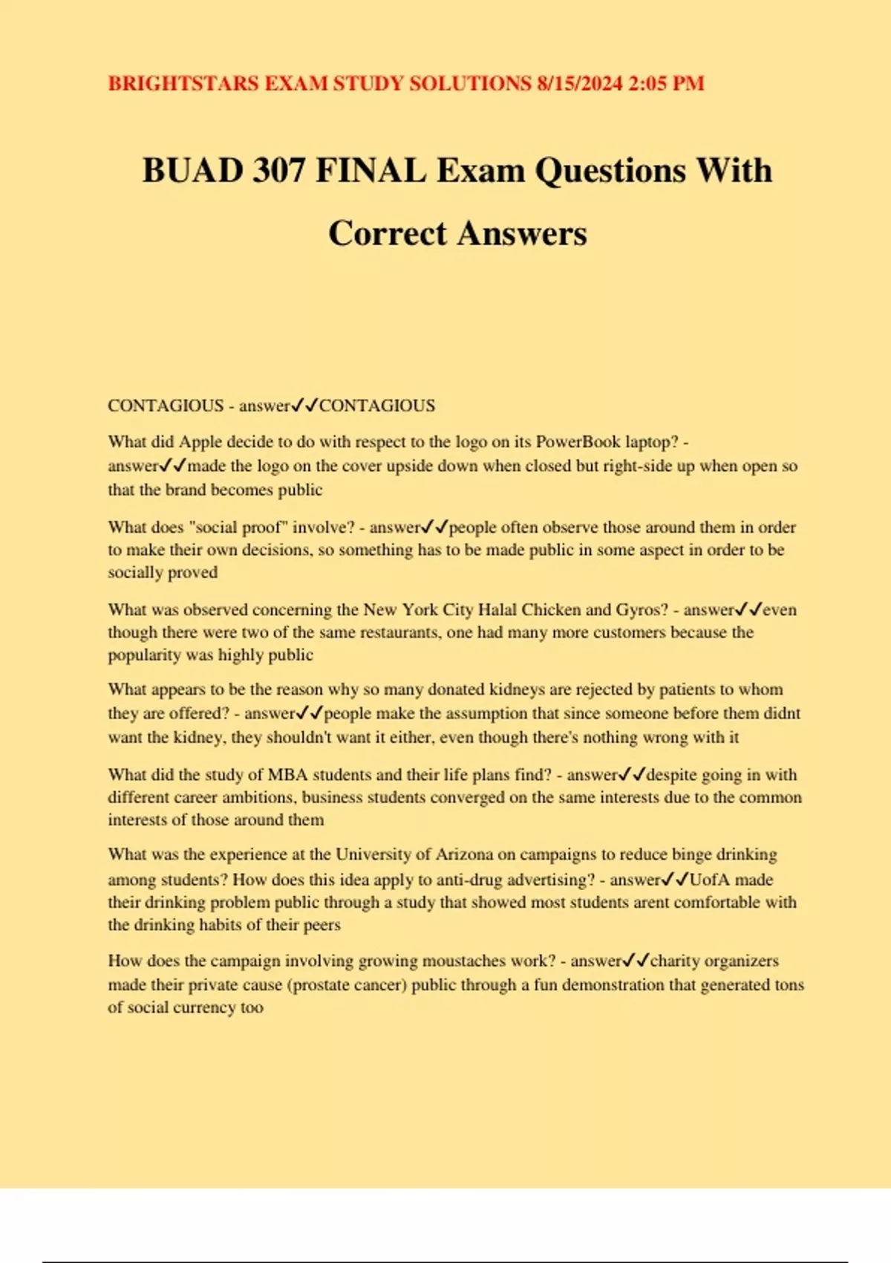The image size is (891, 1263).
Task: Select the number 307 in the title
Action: tap(278, 170)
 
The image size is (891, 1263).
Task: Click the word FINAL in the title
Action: tap(371, 170)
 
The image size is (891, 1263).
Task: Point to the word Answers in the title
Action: tap(522, 233)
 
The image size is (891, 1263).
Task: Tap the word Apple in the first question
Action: tap(200, 442)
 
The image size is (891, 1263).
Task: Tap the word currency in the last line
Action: tap(205, 1007)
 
